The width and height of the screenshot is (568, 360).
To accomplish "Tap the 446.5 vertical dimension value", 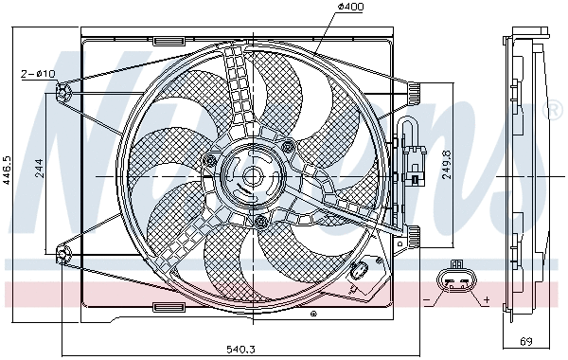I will pos(8,172).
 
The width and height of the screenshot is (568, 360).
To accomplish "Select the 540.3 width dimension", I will pos(240,350).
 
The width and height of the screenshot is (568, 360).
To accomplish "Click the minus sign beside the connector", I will pos(428,299).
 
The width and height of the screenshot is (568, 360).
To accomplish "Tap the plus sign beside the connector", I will pos(487,299).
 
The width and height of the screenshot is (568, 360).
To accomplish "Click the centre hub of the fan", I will pos(252,175).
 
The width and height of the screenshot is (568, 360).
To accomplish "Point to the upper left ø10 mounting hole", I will pos(62,91).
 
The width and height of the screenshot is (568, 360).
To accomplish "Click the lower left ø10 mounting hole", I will pos(62,253).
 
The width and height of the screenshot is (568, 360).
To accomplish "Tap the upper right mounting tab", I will pos(413,91).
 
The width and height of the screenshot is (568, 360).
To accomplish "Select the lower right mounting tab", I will pos(413,233).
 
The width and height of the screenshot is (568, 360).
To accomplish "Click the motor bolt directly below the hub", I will pos(260,222).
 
